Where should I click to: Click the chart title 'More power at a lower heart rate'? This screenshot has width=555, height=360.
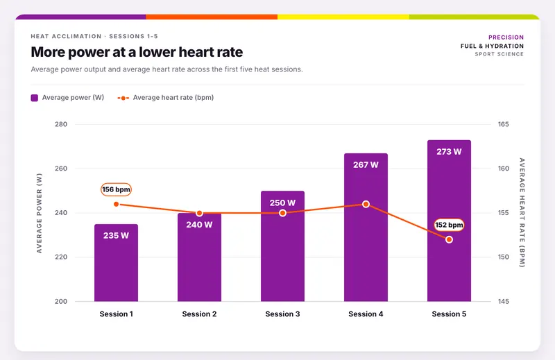(137, 52)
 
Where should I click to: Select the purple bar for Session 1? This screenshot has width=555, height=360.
(116, 263)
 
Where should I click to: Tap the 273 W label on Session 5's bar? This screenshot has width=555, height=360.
(449, 152)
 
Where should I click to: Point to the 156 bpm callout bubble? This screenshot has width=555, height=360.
(116, 189)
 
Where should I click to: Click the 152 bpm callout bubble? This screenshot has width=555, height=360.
(449, 225)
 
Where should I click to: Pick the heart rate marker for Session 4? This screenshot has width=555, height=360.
(366, 204)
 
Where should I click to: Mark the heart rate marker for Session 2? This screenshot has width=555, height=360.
(199, 213)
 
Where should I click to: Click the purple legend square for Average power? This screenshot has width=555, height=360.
(34, 98)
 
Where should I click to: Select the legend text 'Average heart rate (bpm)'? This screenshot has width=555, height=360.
(173, 98)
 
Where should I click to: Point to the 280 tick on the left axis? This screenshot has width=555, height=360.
(61, 124)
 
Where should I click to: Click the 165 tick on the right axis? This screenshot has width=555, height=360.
(504, 124)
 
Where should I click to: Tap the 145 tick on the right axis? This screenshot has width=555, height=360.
(504, 302)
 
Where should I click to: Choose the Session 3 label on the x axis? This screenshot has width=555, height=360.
(282, 314)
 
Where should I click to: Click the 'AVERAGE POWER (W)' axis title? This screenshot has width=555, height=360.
(40, 213)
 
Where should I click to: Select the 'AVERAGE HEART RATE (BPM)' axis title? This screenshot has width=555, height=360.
(522, 213)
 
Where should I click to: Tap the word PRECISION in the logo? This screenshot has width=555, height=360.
(506, 37)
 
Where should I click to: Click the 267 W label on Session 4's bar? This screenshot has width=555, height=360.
(366, 165)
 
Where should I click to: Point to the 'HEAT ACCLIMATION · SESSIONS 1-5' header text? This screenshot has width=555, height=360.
(94, 36)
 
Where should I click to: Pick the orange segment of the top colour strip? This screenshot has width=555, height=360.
(212, 17)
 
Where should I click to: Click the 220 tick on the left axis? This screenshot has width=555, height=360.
(61, 257)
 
